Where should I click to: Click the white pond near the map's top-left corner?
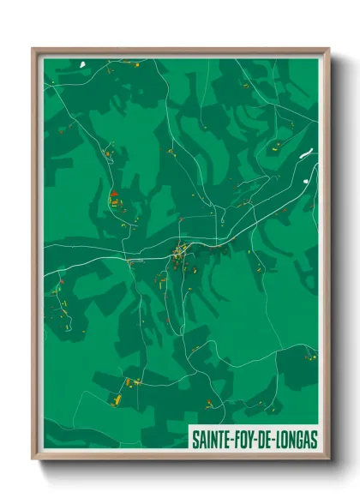click(83, 64)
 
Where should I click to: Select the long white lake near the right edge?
click(306, 155)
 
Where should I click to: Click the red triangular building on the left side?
click(112, 195)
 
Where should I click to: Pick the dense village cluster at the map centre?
click(180, 252)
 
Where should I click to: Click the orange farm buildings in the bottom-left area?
click(116, 399)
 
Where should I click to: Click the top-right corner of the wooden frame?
click(328, 50)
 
